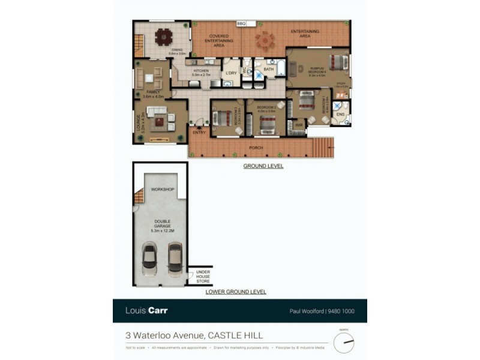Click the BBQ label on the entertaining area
click(x=242, y=23)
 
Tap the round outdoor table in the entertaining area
click(x=264, y=41)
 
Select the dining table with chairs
click(x=163, y=37)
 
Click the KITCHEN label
click(x=201, y=71)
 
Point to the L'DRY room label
click(x=230, y=74)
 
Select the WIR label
click(x=298, y=125)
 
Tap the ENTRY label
click(x=199, y=133)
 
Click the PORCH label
click(x=256, y=148)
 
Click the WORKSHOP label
click(x=162, y=190)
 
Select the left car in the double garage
click(x=149, y=259)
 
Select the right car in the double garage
click(x=175, y=257)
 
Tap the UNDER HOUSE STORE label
click(x=203, y=277)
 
